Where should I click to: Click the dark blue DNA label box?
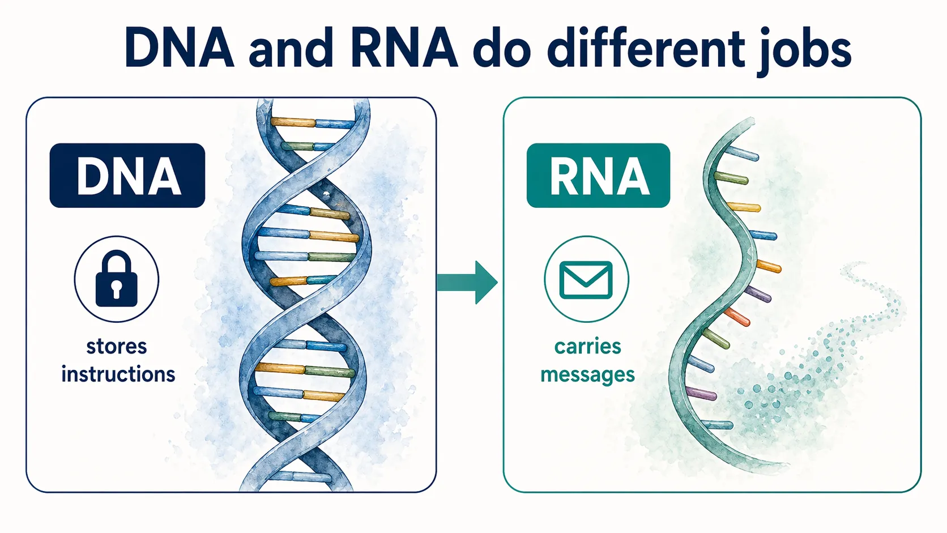[127, 176]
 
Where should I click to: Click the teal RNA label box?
[598, 176]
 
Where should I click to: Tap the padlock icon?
[117, 279]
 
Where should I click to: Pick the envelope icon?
[586, 279]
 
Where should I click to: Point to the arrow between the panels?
[468, 282]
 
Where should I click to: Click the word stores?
[117, 346]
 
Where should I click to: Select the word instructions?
[118, 374]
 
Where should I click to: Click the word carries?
[587, 346]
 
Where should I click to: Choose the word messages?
[587, 375]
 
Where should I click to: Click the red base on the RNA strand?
[737, 317]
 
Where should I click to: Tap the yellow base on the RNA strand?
[744, 207]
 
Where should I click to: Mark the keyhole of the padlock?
[117, 288]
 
